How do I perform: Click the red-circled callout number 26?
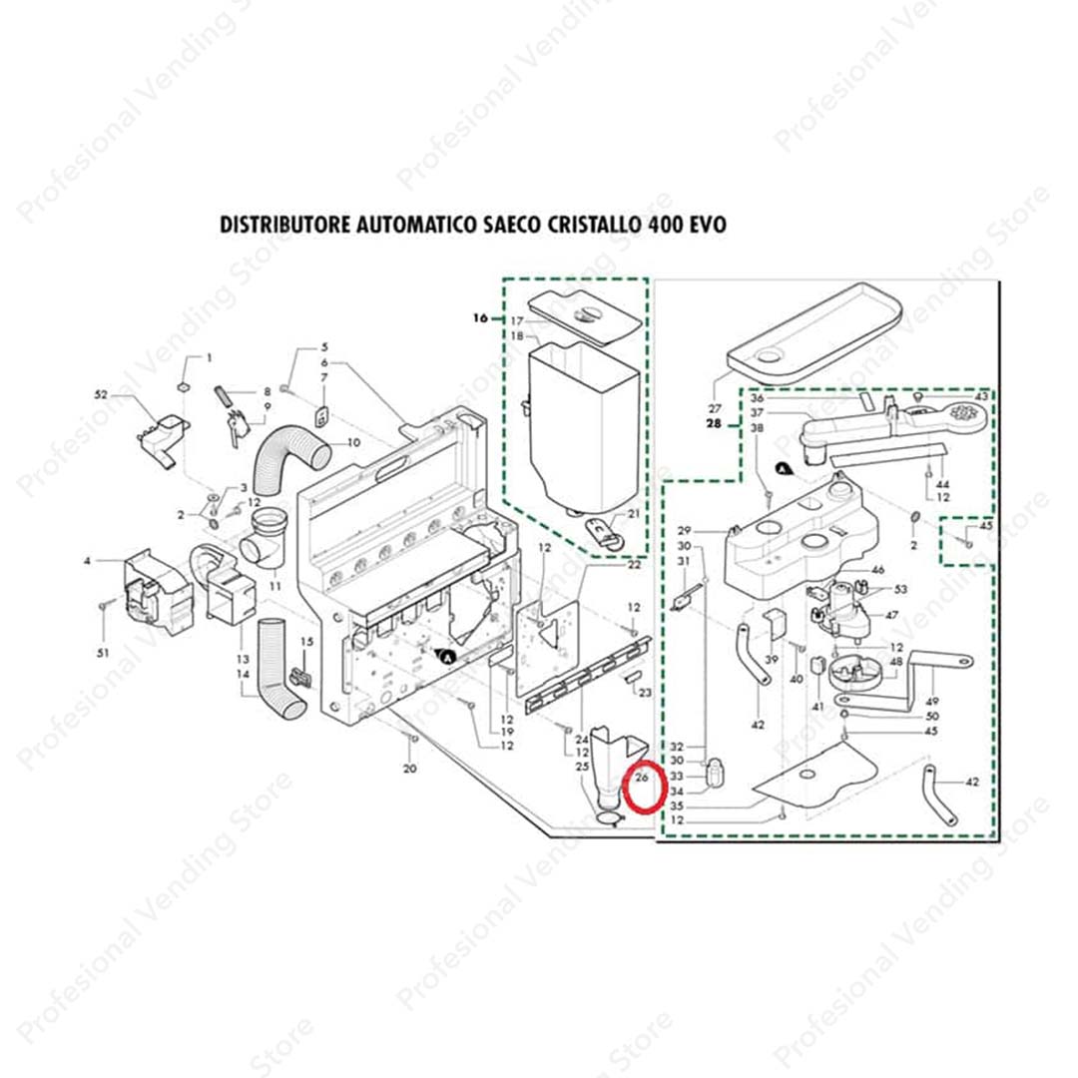[643, 778]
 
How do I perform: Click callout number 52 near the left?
[101, 396]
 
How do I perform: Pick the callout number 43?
[981, 397]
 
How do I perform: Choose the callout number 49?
[932, 701]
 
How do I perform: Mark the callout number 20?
[409, 769]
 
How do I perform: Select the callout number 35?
[677, 806]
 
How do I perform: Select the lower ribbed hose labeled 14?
[277, 668]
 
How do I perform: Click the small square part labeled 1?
[184, 386]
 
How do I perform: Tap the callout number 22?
[634, 565]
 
